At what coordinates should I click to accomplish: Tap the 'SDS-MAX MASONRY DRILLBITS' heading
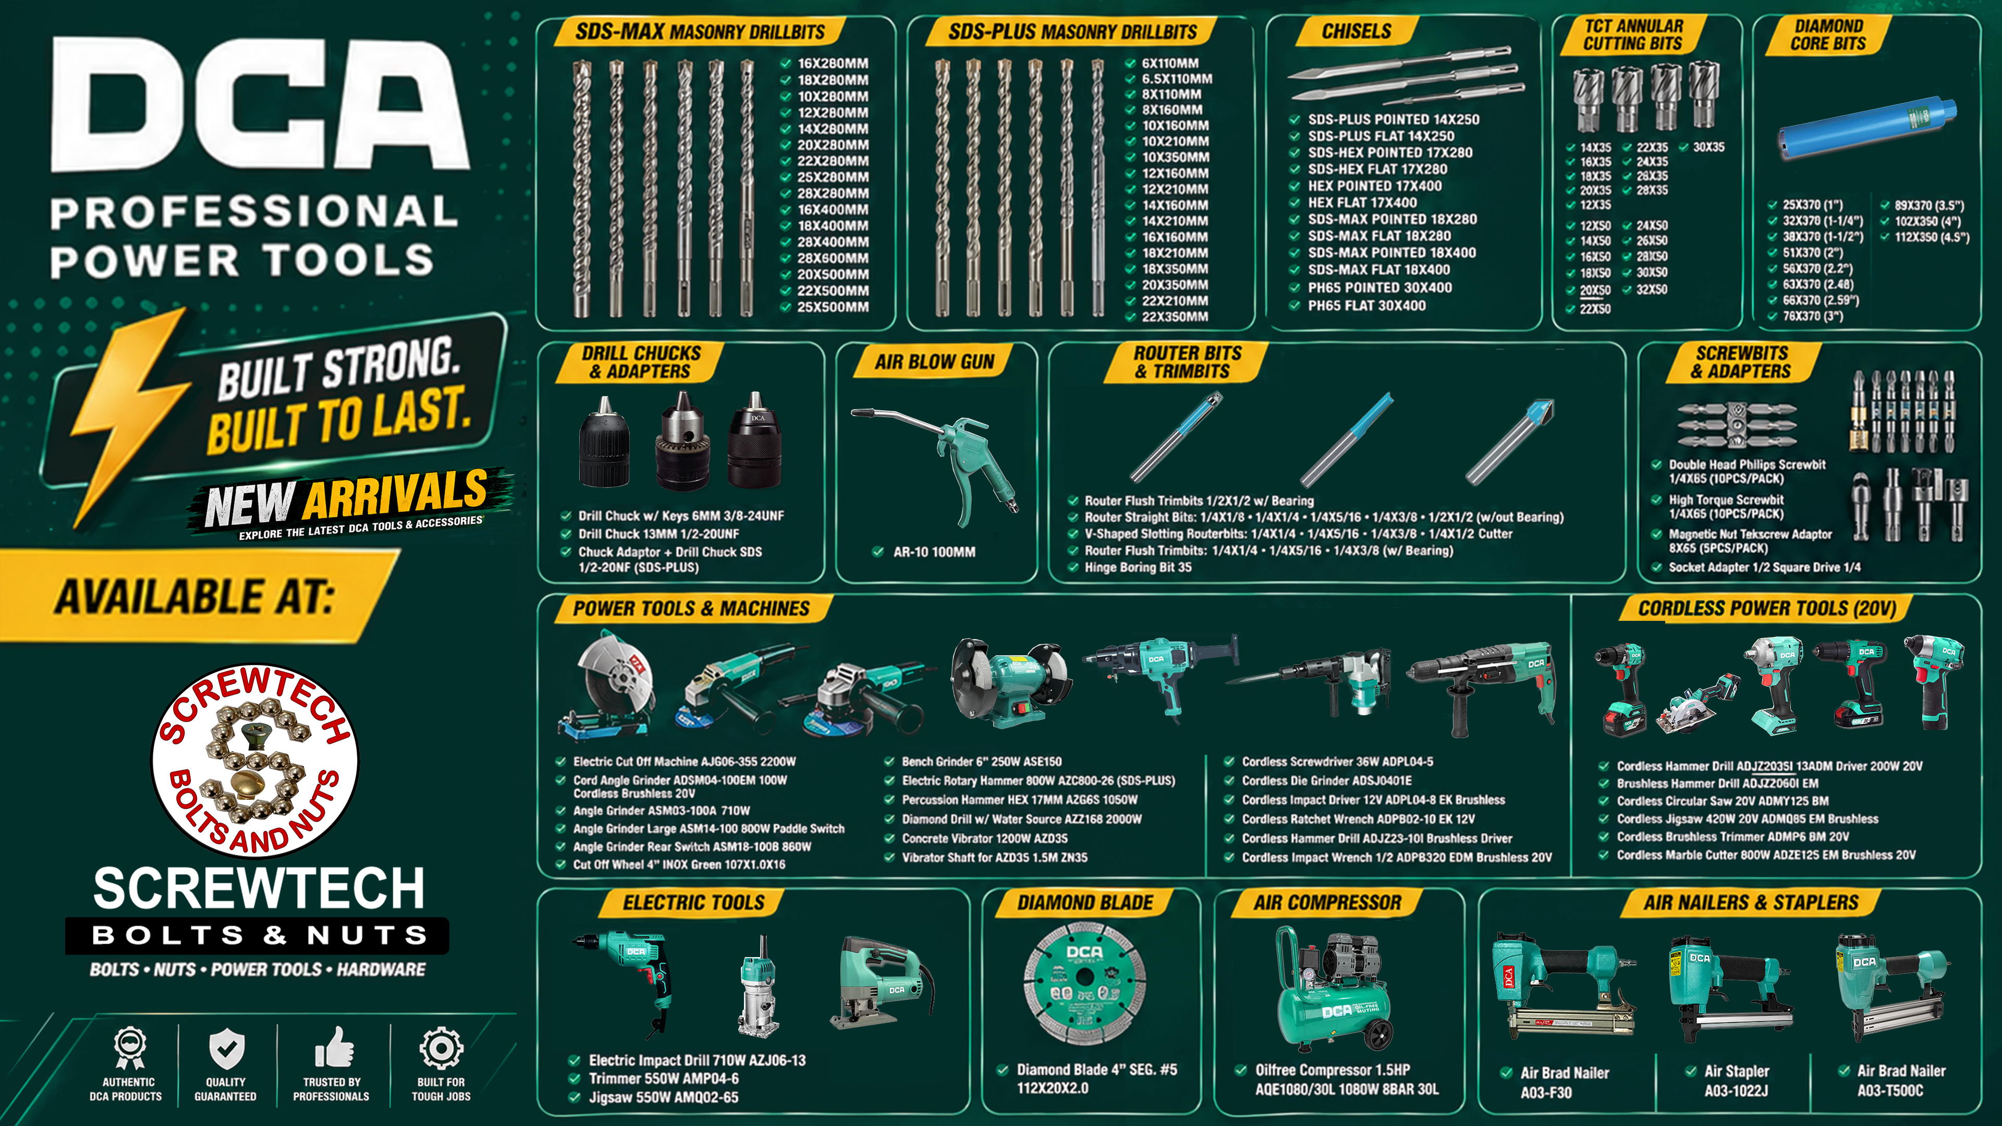pyautogui.click(x=700, y=32)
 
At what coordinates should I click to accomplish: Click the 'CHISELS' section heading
pyautogui.click(x=1356, y=31)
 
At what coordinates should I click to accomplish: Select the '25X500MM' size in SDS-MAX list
pyautogui.click(x=833, y=307)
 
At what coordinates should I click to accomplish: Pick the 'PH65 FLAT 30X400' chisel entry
pyautogui.click(x=1366, y=305)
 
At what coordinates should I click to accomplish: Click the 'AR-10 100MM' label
pyautogui.click(x=933, y=552)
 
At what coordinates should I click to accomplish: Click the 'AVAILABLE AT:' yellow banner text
pyautogui.click(x=194, y=597)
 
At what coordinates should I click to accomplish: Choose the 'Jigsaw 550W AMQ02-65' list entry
pyautogui.click(x=663, y=1097)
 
